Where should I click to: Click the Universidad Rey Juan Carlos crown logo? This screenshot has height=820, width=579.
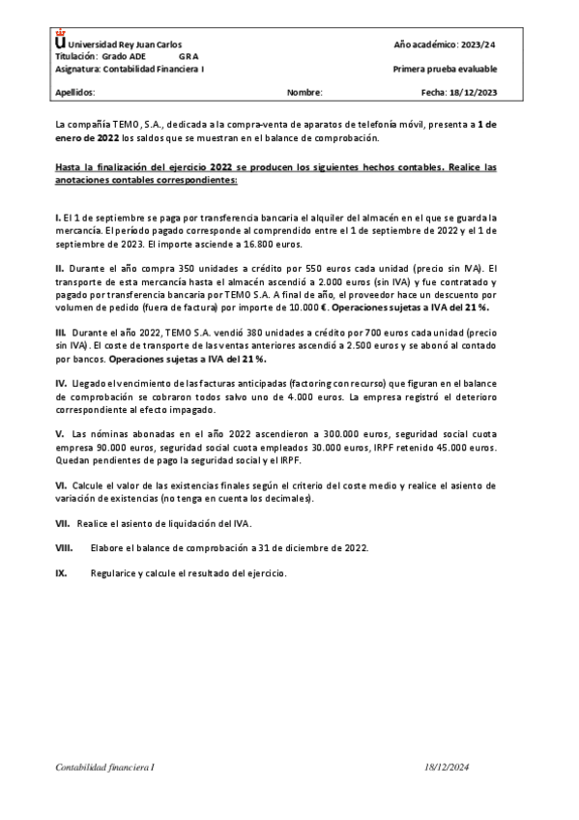pos(62,42)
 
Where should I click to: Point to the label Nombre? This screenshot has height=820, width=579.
pos(304,93)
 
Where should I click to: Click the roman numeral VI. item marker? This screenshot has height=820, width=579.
pos(61,484)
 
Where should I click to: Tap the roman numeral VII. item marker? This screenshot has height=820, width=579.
pos(63,522)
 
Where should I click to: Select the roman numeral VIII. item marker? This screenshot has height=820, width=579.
pos(64,547)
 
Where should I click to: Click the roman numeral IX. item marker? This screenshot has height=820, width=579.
pos(61,572)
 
